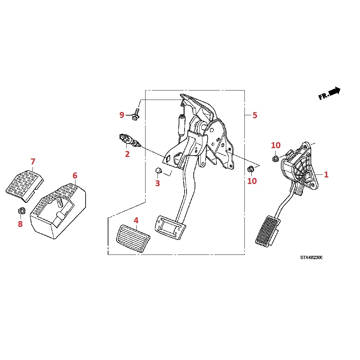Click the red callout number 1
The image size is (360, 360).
pyautogui.click(x=326, y=175)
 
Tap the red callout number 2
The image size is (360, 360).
pyautogui.click(x=127, y=154)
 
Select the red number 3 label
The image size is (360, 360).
pyautogui.click(x=158, y=183)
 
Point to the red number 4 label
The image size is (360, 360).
pyautogui.click(x=136, y=220)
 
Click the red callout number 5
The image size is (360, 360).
pyautogui.click(x=255, y=115)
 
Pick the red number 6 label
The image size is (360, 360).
pyautogui.click(x=75, y=176)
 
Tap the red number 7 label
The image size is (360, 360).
pyautogui.click(x=33, y=162)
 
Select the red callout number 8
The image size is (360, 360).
pyautogui.click(x=20, y=224)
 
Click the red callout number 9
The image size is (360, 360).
pyautogui.click(x=122, y=115)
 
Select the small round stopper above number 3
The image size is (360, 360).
pyautogui.click(x=158, y=170)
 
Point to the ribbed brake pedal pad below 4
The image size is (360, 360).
pyautogui.click(x=133, y=239)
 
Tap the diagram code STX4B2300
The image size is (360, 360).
pyautogui.click(x=311, y=257)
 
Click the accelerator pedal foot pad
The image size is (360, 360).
pyautogui.click(x=268, y=231)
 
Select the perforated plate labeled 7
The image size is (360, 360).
pyautogui.click(x=24, y=186)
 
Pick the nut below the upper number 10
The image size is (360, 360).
pyautogui.click(x=275, y=159)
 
